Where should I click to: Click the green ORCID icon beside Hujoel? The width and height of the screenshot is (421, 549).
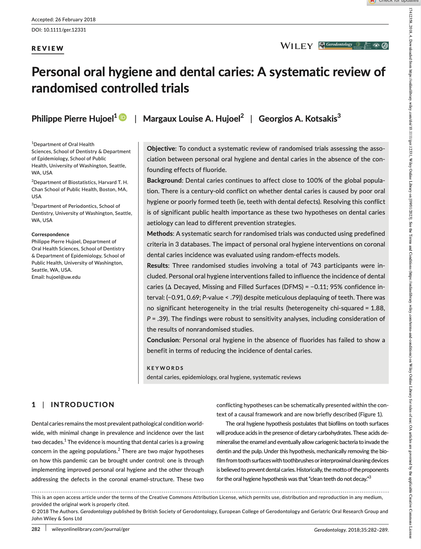point(123,117)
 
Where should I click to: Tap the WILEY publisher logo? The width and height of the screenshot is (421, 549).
point(297,46)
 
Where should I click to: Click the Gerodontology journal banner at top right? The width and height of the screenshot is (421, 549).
point(353,45)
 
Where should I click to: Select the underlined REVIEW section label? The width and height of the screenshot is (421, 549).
point(48,49)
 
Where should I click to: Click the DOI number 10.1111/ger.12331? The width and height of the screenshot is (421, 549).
point(65,30)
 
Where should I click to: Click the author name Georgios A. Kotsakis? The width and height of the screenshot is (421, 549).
point(298,119)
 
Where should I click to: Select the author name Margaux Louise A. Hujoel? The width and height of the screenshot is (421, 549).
point(192,119)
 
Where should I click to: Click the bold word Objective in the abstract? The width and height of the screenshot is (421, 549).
point(161,149)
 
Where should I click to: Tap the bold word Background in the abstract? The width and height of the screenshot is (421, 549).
point(164,181)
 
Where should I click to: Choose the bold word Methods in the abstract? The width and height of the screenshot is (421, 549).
point(159,234)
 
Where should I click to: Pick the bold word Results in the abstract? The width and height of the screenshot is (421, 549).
point(157,266)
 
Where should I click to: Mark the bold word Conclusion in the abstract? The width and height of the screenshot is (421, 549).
point(163,340)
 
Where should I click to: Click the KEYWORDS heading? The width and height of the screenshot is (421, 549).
point(165,368)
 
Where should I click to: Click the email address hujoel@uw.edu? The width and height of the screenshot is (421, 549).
point(63,277)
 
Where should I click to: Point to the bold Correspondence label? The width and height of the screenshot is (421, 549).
point(50,234)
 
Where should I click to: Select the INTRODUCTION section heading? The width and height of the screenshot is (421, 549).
point(83,405)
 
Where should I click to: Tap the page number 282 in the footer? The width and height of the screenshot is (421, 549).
point(36,529)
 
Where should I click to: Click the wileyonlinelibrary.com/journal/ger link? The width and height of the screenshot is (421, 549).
point(91,529)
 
